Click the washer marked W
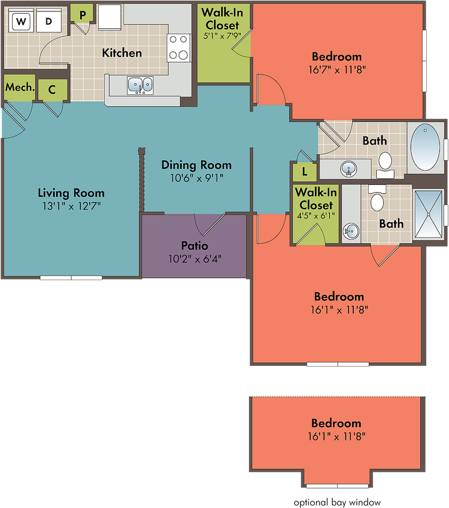pyautogui.click(x=21, y=20)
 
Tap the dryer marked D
pyautogui.click(x=49, y=20)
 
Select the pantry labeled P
pyautogui.click(x=82, y=14)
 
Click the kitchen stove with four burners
pyautogui.click(x=179, y=48)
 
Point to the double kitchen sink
pyautogui.click(x=140, y=85)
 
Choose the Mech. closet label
pyautogui.click(x=20, y=87)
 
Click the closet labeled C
pyautogui.click(x=53, y=90)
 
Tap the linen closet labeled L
pyautogui.click(x=305, y=172)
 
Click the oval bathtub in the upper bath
pyautogui.click(x=425, y=147)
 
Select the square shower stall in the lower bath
pyautogui.click(x=429, y=214)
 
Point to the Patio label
pyautogui.click(x=194, y=245)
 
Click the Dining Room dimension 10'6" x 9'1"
pyautogui.click(x=197, y=178)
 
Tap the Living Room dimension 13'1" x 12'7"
pyautogui.click(x=72, y=206)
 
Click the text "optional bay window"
pyautogui.click(x=337, y=502)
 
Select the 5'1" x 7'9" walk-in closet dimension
pyautogui.click(x=222, y=36)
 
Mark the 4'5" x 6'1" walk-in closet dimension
pyautogui.click(x=316, y=215)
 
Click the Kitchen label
pyautogui.click(x=122, y=53)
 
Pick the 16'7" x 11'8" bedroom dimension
pyautogui.click(x=337, y=70)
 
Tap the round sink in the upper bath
pyautogui.click(x=348, y=169)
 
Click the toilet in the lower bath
pyautogui.click(x=377, y=198)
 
